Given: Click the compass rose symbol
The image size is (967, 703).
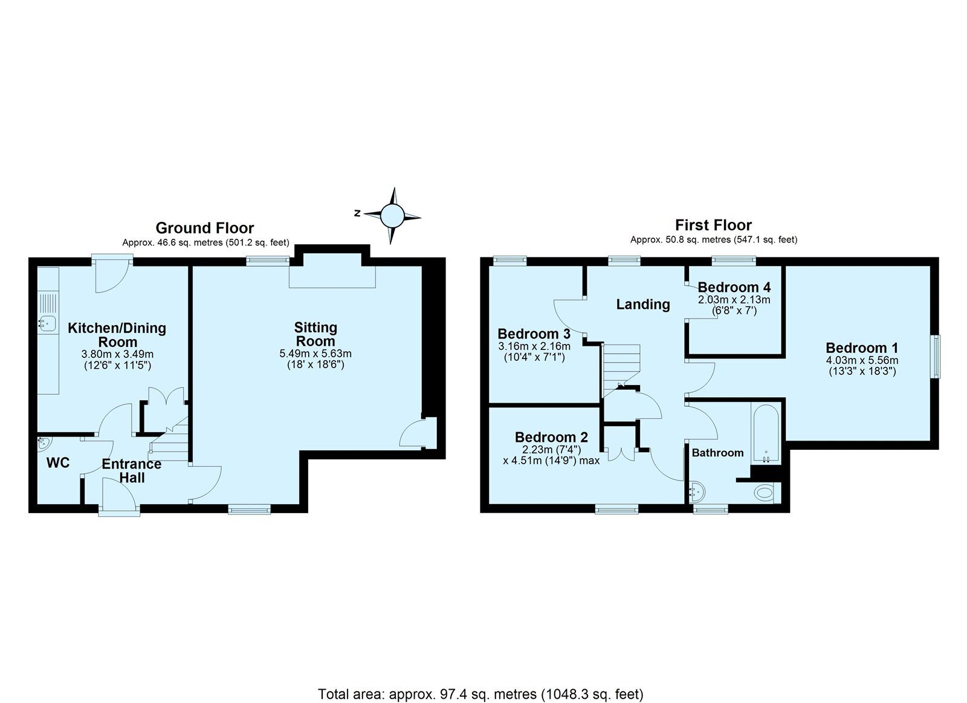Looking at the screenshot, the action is click(392, 215).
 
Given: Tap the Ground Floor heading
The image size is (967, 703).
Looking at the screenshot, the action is click(205, 227).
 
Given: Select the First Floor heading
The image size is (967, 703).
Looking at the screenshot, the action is click(713, 225).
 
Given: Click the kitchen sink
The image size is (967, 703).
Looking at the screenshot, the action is click(47, 322).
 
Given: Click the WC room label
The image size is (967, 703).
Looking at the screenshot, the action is click(58, 462).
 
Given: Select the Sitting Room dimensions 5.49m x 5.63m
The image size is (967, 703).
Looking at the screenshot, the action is click(315, 354).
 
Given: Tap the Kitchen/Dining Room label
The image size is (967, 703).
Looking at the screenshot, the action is click(117, 335).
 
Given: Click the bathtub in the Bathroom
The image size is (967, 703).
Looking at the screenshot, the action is click(766, 433).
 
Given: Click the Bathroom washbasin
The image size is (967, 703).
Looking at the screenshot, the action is click(696, 491).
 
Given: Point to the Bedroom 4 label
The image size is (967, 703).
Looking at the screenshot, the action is click(734, 287).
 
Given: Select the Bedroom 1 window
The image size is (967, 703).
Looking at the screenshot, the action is click(936, 356).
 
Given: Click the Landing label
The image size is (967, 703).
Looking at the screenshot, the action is click(643, 305).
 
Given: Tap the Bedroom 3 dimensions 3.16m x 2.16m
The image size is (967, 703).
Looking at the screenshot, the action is click(534, 346).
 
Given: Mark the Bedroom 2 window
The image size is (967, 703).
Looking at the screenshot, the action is click(616, 510).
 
